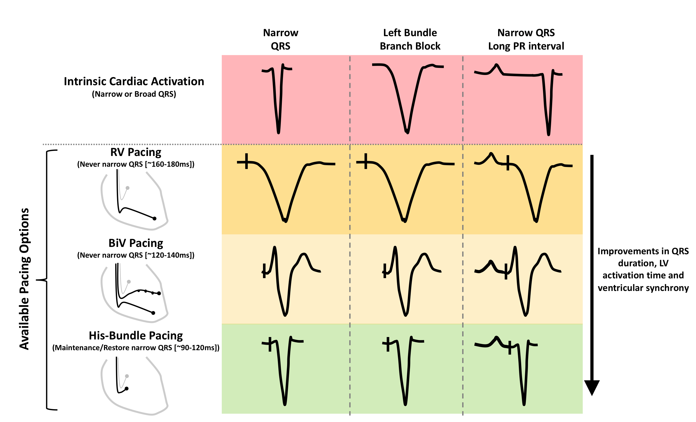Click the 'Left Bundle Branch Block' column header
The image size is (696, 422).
[410, 39]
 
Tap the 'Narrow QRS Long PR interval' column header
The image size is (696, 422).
[526, 39]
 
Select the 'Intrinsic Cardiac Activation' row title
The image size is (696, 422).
[134, 81]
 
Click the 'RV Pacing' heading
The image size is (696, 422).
[136, 152]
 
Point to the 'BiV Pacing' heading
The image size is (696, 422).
[136, 243]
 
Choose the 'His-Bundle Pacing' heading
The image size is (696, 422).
[136, 336]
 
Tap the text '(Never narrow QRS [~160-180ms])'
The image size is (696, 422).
[136, 164]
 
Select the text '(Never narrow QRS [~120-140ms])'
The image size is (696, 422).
[136, 255]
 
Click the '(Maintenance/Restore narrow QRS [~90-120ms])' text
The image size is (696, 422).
[136, 348]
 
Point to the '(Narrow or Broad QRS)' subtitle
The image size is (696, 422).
[134, 94]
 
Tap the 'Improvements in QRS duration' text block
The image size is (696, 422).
[643, 269]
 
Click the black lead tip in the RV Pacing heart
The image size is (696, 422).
[155, 218]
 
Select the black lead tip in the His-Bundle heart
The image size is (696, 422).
[126, 388]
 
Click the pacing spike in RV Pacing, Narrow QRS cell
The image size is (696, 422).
[246, 161]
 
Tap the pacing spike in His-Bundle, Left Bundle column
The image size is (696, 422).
[388, 344]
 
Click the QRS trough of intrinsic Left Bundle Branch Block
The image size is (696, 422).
[407, 132]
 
